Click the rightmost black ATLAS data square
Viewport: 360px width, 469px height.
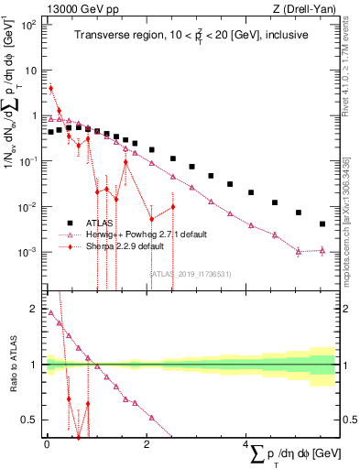tap(322, 224)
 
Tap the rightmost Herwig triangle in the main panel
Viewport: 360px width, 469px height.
tap(322, 249)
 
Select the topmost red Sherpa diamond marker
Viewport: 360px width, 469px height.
tap(51, 89)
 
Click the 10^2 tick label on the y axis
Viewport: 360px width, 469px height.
tap(28, 25)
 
